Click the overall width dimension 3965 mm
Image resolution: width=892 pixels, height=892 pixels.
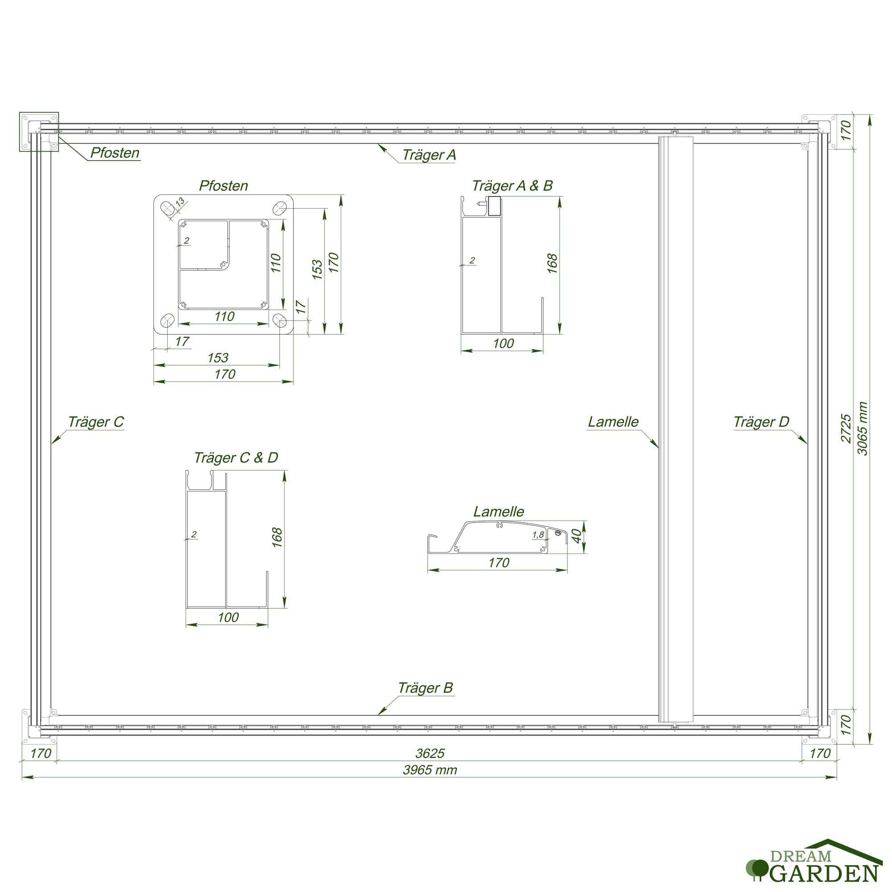(x=430, y=770)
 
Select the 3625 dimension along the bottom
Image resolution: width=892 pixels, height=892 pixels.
(x=430, y=753)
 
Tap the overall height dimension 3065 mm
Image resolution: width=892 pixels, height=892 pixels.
(x=862, y=429)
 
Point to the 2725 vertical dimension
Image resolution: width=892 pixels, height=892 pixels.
(x=845, y=429)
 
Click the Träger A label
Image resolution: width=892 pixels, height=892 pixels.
(x=429, y=155)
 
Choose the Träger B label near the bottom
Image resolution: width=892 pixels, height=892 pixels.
(x=425, y=687)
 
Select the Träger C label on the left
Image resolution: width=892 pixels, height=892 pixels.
(x=96, y=421)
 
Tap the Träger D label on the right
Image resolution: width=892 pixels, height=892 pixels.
(x=761, y=421)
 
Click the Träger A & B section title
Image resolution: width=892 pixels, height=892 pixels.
(x=512, y=186)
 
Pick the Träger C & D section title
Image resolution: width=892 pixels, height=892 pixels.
(x=236, y=458)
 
